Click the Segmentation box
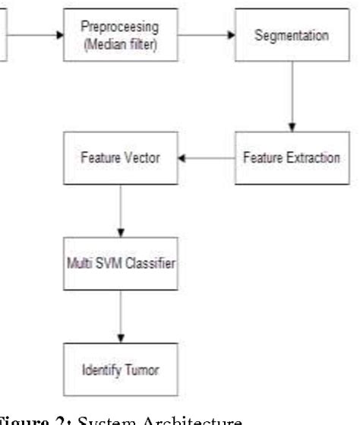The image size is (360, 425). (x=293, y=35)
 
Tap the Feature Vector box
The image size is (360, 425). (x=121, y=158)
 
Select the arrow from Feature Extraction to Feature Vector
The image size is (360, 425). (x=205, y=158)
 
